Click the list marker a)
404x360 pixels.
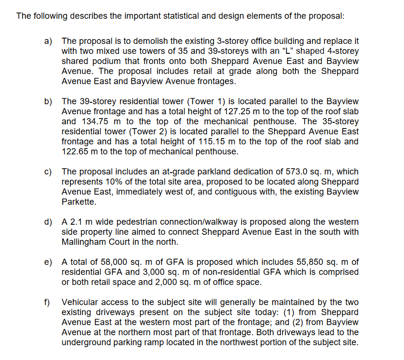click(x=48, y=41)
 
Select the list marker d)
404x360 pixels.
click(x=48, y=222)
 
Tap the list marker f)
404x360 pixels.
click(x=48, y=302)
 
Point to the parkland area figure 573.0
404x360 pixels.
click(x=288, y=171)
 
